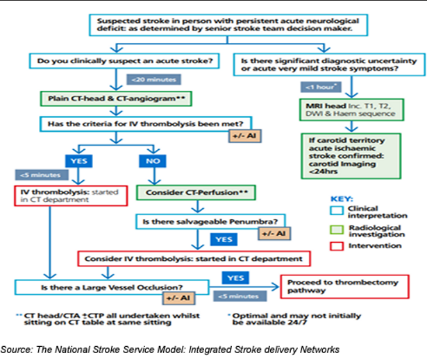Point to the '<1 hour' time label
point(319,87)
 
